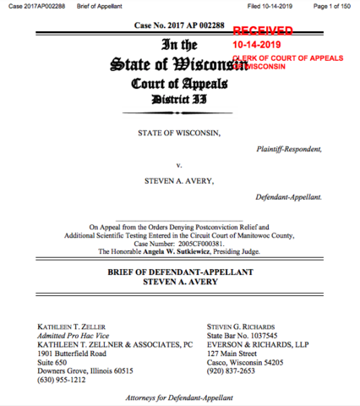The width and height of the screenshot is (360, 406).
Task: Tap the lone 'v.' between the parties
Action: pyautogui.click(x=179, y=165)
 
